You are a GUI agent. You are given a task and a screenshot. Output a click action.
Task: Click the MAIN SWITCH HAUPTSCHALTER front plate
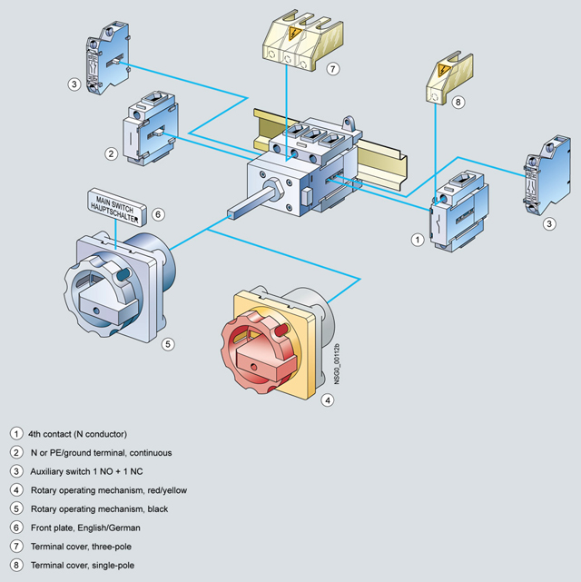coord(117,208)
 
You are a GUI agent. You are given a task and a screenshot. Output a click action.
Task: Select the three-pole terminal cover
coord(302,40)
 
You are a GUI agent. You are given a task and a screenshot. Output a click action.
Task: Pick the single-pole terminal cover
coord(449,79)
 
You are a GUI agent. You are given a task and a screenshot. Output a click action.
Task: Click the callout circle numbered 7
coord(333,69)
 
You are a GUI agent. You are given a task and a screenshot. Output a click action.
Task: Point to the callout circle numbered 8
coord(458,102)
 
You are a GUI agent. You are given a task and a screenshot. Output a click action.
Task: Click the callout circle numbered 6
coord(158,214)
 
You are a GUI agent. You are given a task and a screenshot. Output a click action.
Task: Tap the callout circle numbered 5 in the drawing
coord(168,344)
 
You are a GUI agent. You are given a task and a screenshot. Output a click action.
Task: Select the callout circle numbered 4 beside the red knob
coord(327,400)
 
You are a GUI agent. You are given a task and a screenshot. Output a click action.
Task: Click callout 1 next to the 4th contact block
coord(418,240)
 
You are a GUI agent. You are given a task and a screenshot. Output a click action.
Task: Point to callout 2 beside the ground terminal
coord(111,153)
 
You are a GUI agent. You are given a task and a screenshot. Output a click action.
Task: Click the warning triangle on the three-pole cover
coord(294,34)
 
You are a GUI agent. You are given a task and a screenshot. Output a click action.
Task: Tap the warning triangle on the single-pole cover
coord(443,70)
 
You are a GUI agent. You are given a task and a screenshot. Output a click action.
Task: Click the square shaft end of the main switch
coord(232,214)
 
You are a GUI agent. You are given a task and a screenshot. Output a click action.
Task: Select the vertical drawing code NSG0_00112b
coord(337,364)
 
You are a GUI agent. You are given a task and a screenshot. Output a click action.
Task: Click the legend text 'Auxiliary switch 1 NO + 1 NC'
coord(86,471)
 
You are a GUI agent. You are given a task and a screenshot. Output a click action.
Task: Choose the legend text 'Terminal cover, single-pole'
coord(83,566)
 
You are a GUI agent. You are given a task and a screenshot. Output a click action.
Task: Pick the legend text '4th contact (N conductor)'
coord(77,434)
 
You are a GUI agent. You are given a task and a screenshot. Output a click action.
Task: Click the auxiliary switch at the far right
coord(547,175)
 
